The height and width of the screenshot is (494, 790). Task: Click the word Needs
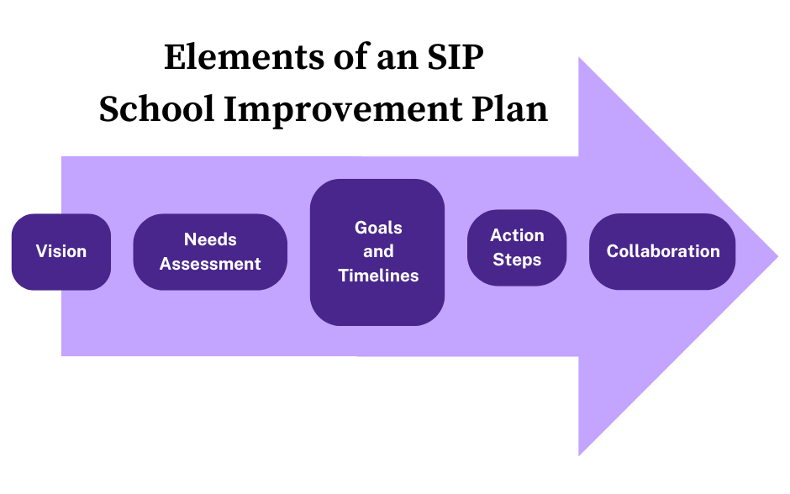click(210, 239)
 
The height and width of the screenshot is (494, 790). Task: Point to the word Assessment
click(210, 264)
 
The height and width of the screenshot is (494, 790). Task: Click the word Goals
click(378, 228)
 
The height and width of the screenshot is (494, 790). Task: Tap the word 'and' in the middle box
click(378, 251)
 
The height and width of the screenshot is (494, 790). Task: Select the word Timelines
click(378, 275)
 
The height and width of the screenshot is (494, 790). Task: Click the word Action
click(517, 235)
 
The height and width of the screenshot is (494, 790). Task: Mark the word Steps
click(517, 260)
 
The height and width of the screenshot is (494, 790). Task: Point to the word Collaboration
click(663, 251)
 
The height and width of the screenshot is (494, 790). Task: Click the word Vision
click(61, 251)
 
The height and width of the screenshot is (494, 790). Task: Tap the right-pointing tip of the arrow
click(776, 256)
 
